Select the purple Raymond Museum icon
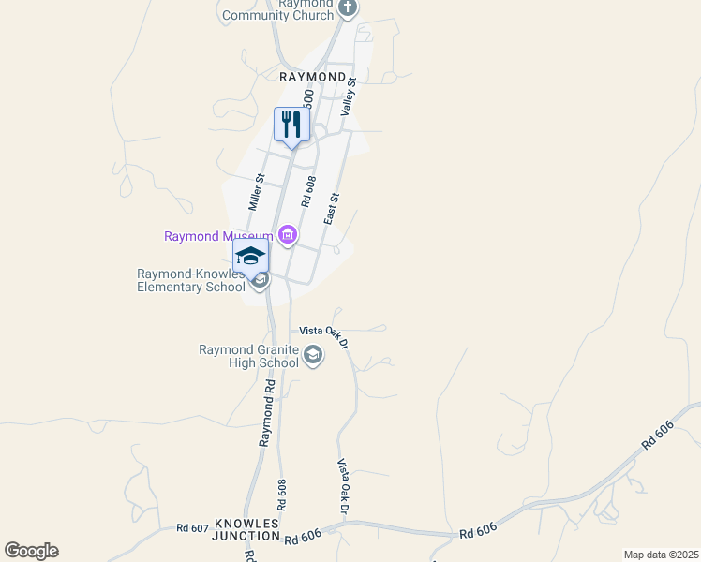(x=287, y=235)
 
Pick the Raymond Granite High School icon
(x=312, y=355)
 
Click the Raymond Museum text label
(x=218, y=237)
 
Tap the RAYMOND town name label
(x=312, y=76)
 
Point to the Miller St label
(x=256, y=191)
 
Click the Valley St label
(x=350, y=97)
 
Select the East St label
(x=330, y=209)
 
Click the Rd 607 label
(x=191, y=528)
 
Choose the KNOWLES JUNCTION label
(x=247, y=529)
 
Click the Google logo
(x=31, y=551)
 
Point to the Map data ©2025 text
(x=661, y=555)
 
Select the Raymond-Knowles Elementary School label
(x=191, y=281)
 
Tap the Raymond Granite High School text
(x=248, y=356)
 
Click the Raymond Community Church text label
(x=278, y=10)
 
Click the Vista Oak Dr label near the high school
(x=323, y=333)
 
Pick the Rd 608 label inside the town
(x=308, y=191)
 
